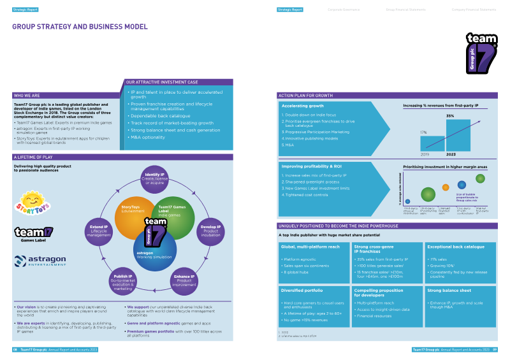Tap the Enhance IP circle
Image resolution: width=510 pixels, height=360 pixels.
point(184,281)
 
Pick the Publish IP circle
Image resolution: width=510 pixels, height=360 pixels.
point(122,282)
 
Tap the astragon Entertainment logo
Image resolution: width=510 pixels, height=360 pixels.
point(41,261)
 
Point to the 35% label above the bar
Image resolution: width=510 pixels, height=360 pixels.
point(449,116)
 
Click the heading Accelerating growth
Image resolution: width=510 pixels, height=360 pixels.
point(303,106)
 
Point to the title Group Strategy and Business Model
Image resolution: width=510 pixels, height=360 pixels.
point(80,27)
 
